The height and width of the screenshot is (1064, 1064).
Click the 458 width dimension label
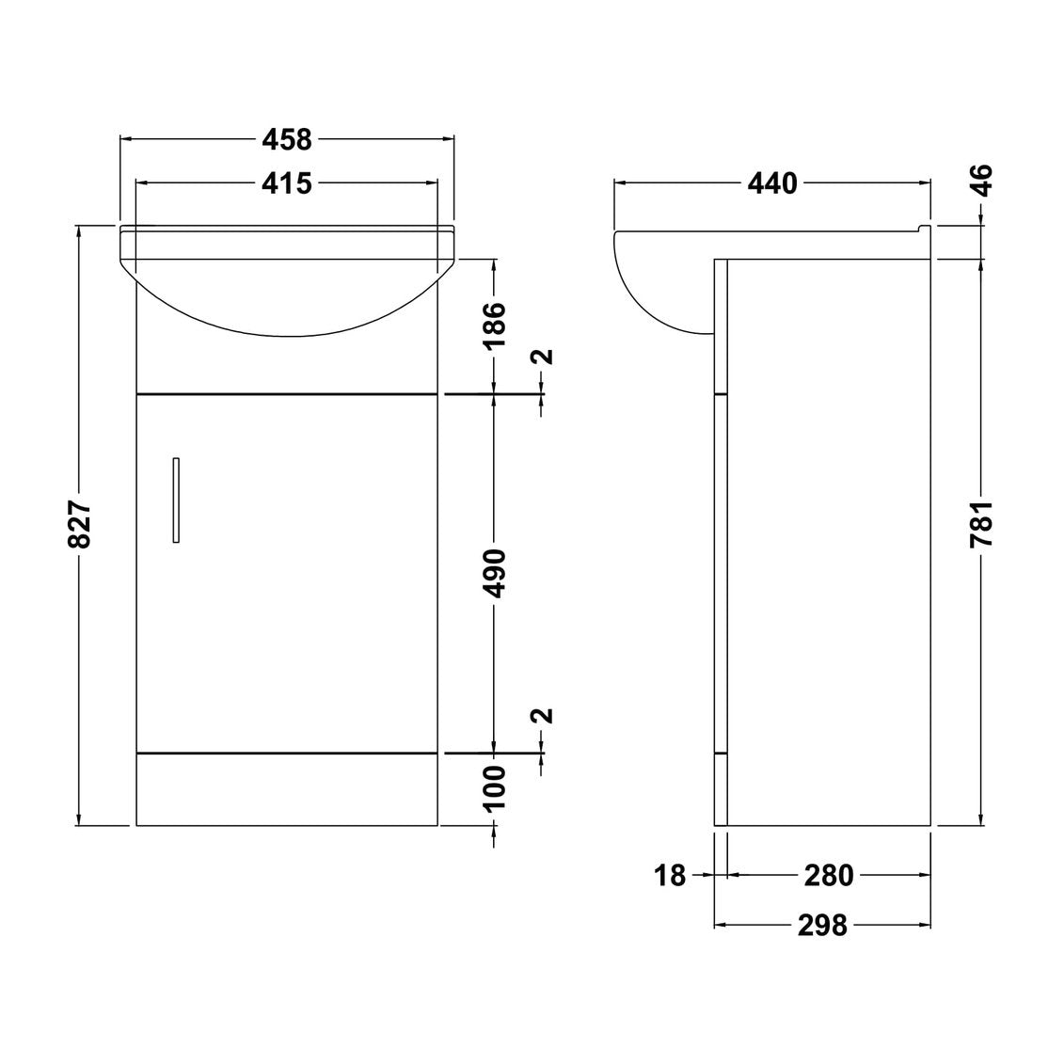[286, 140]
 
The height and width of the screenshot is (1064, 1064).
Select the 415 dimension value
[286, 183]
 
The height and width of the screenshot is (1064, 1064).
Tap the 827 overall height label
[80, 525]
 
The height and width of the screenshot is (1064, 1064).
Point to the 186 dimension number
[495, 325]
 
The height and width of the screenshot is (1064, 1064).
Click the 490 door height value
[495, 573]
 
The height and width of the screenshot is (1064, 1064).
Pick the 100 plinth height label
[495, 787]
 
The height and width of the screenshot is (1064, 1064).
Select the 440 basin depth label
[772, 183]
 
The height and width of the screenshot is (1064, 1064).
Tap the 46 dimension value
[983, 180]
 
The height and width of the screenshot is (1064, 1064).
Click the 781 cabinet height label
[983, 524]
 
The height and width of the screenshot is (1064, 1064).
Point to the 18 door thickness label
[670, 876]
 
